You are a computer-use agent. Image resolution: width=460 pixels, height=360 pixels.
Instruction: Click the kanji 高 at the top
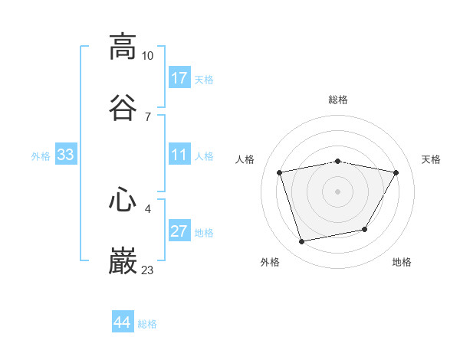pos(123,46)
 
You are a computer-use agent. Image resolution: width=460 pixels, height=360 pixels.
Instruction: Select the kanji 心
pos(123,198)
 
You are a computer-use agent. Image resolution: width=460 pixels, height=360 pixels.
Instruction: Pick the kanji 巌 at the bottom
pos(123,260)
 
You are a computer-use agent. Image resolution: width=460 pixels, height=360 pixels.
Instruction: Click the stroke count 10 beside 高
pos(148,56)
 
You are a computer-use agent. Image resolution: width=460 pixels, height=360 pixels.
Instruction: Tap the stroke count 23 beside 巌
pos(148,270)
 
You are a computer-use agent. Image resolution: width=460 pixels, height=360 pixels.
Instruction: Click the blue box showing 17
pos(179,78)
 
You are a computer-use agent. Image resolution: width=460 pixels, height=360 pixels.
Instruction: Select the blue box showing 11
pos(179,155)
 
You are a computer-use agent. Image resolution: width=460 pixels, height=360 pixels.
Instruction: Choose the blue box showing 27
pos(179,232)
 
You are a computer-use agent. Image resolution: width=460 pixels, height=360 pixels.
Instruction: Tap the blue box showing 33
pos(66,155)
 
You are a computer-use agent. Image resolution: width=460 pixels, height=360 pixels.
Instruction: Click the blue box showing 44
pos(123,323)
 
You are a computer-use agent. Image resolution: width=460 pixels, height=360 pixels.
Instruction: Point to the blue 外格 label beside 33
pos(41,156)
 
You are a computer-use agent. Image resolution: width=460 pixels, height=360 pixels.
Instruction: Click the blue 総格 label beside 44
pos(147,324)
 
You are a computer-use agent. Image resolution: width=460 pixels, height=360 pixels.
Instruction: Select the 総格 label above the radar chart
pos(338,100)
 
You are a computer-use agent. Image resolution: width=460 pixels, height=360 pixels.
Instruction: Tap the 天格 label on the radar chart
pos(432,159)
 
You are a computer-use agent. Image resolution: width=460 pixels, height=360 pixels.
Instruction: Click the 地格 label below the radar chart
pos(402,262)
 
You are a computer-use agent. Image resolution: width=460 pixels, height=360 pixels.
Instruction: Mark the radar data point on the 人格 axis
pos(280,173)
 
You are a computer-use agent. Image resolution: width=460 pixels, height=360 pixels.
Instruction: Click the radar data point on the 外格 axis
pos(302,242)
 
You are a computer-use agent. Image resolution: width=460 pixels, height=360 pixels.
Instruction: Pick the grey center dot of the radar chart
pos(338,191)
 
